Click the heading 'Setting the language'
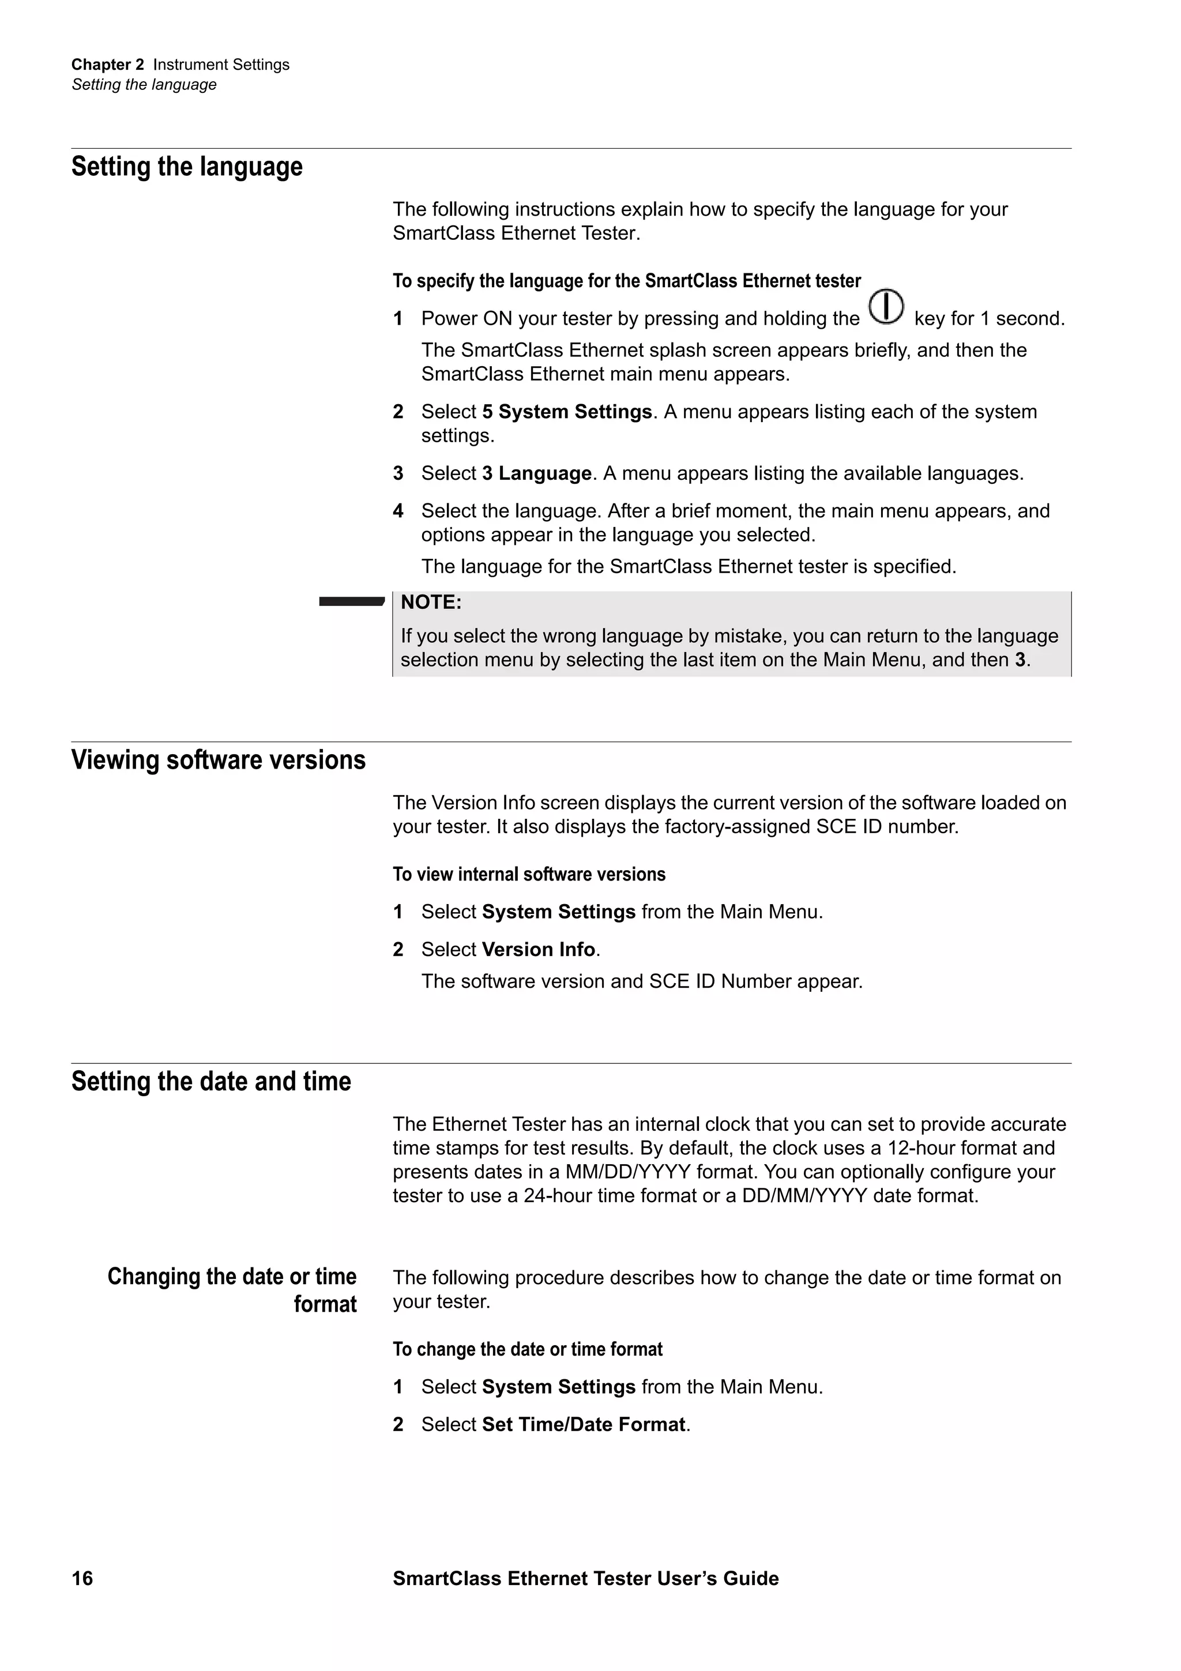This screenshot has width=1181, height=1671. coord(187,167)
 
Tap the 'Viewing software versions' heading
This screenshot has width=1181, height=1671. coord(219,760)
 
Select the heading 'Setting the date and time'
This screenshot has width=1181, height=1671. coord(211,1082)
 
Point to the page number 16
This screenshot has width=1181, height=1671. coord(82,1578)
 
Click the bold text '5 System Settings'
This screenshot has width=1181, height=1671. coord(567,412)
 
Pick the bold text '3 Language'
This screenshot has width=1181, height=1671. coord(536,474)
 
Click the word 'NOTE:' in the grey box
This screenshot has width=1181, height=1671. coord(431,603)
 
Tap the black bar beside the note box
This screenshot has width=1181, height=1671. coord(351,601)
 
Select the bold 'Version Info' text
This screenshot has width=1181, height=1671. coord(539,950)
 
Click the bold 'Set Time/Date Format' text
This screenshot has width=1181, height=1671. coord(584,1424)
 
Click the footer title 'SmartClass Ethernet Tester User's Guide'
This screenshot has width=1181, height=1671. coord(585,1578)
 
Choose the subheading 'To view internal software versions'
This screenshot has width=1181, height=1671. coord(529,874)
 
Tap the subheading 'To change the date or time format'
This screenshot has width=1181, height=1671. coord(528,1349)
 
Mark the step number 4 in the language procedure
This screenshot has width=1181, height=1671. coord(398,511)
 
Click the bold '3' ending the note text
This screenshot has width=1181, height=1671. coord(1020,660)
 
